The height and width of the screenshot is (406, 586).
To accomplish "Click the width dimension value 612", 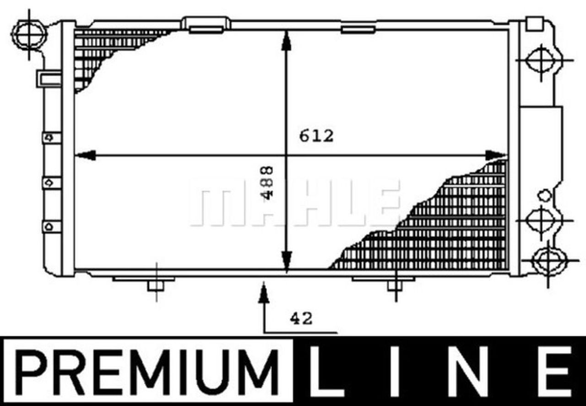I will (316, 136).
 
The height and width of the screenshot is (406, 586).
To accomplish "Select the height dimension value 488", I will (268, 182).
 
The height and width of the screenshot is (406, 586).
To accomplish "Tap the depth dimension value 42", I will (301, 318).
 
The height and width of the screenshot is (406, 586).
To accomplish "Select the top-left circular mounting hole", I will (30, 33).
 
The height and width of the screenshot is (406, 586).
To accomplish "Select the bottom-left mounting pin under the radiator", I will (156, 285).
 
